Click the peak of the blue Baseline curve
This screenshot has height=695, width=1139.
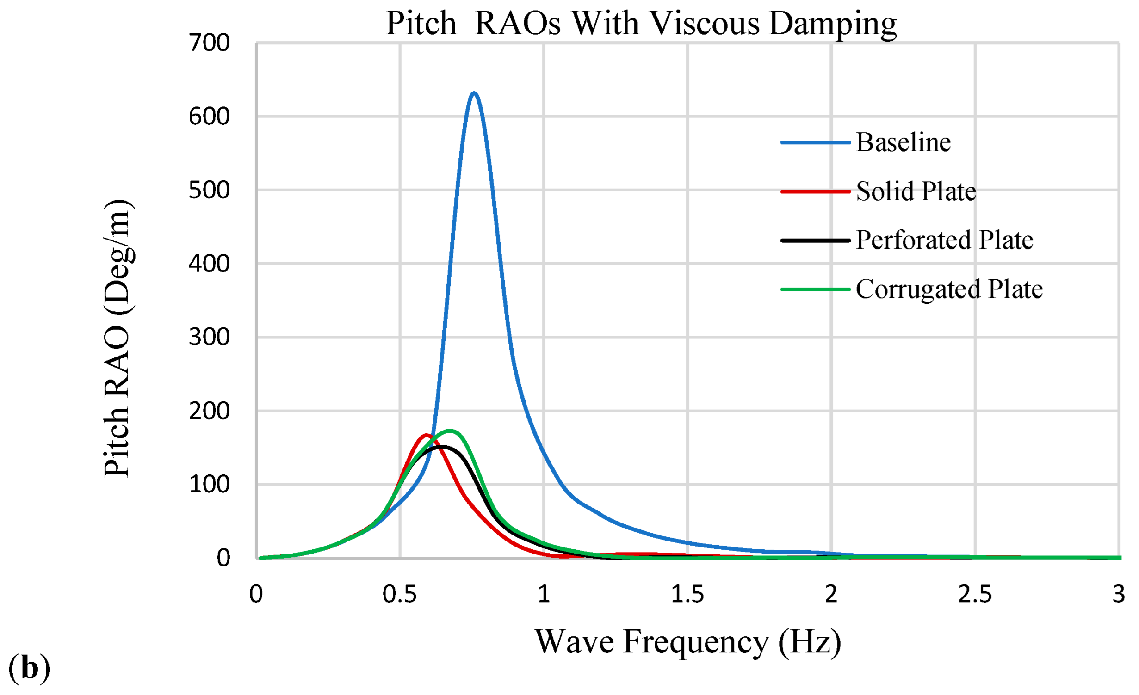click(474, 93)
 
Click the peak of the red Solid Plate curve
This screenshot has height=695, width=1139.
click(426, 435)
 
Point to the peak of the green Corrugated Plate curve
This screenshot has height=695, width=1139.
click(450, 431)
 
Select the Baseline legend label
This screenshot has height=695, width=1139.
click(903, 142)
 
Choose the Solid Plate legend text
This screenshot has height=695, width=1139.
click(916, 191)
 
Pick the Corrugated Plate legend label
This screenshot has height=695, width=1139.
click(949, 289)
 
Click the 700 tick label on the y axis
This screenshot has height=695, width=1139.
click(209, 43)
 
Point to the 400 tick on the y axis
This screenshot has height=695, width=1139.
click(209, 264)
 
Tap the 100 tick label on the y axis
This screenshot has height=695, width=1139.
click(209, 485)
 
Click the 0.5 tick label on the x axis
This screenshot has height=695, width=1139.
click(400, 594)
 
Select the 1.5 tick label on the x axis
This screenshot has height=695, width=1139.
click(687, 594)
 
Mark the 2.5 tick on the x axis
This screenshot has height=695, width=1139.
click(975, 594)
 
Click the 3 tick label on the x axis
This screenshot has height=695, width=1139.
click(1119, 594)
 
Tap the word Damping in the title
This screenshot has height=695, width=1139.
click(833, 24)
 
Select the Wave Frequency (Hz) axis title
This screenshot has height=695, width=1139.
click(688, 642)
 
